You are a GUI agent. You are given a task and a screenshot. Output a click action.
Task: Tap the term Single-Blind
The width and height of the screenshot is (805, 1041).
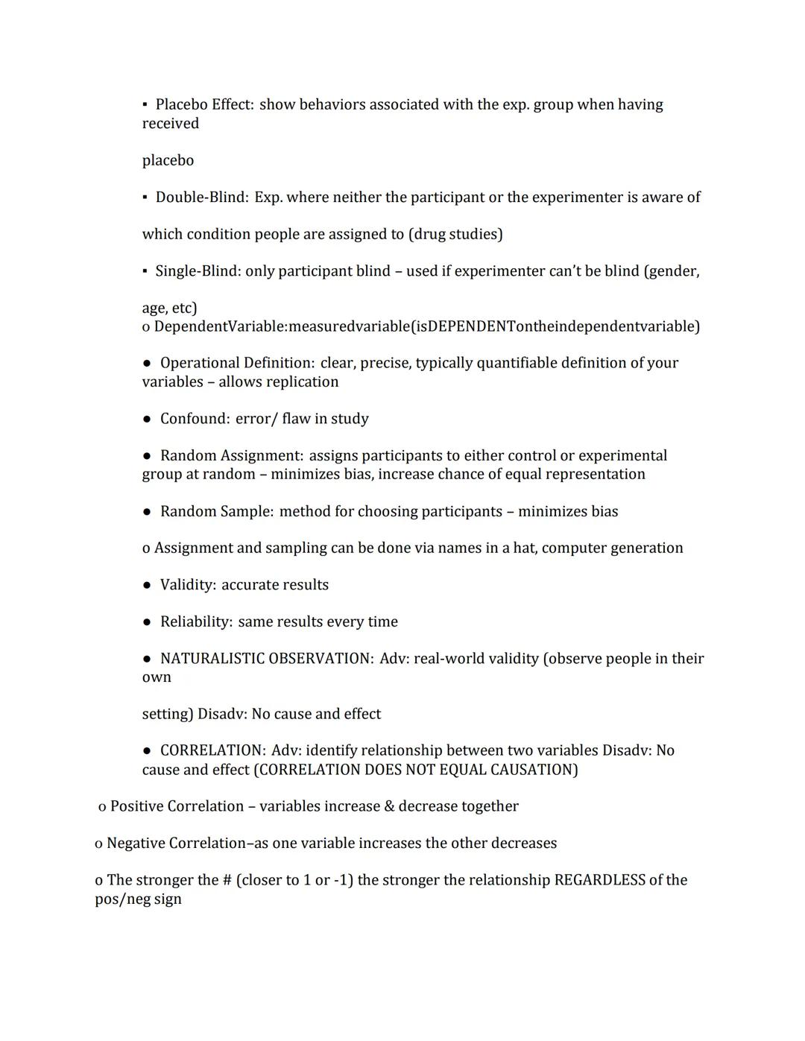[x=198, y=271]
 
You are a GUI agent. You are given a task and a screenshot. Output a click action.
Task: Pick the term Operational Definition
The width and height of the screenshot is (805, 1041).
[x=237, y=363]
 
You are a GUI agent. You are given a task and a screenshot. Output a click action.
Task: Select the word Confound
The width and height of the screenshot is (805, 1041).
[x=195, y=419]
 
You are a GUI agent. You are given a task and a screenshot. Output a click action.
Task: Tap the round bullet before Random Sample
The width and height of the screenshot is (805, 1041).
[x=147, y=512]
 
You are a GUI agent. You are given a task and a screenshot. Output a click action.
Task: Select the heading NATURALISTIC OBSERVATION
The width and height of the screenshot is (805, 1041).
[x=266, y=659]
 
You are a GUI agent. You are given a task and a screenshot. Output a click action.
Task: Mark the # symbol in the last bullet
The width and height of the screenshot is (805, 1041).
[x=227, y=880]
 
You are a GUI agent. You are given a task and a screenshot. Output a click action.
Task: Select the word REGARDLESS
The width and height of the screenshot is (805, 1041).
[x=600, y=880]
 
